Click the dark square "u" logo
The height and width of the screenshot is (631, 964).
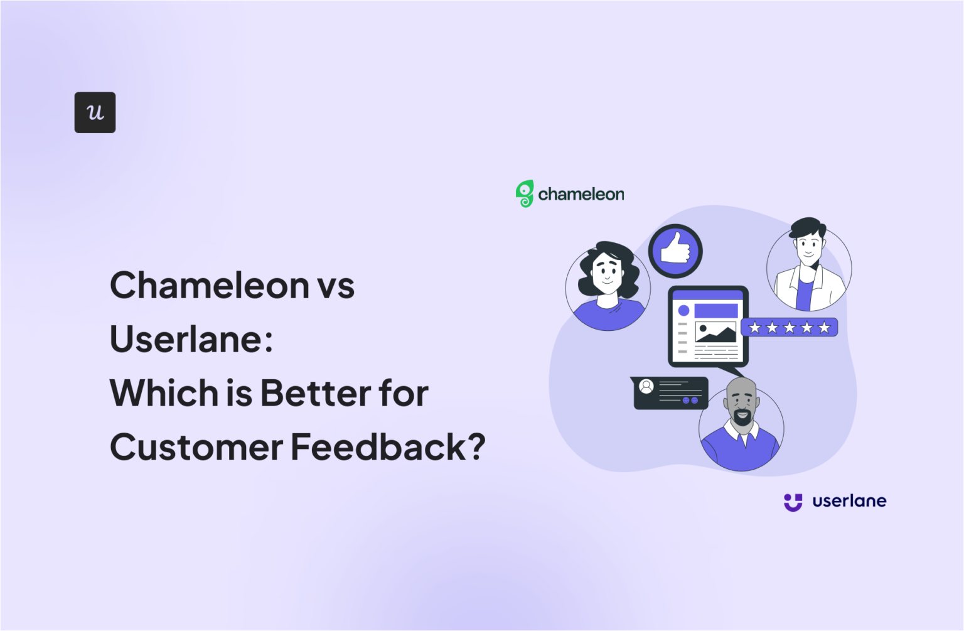pyautogui.click(x=95, y=112)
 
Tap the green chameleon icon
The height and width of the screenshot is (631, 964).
pyautogui.click(x=524, y=193)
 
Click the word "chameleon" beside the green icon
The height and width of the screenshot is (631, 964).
pyautogui.click(x=581, y=194)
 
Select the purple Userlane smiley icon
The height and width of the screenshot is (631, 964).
pyautogui.click(x=793, y=502)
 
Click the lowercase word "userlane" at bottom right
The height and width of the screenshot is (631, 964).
pyautogui.click(x=849, y=501)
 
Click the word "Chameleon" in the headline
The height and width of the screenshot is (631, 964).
pyautogui.click(x=210, y=286)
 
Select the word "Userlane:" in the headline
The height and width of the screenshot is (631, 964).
pyautogui.click(x=191, y=339)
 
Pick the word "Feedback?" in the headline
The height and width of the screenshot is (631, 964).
pyautogui.click(x=388, y=447)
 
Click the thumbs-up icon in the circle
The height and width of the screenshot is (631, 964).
pyautogui.click(x=675, y=251)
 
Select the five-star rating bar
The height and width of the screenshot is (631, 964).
pyautogui.click(x=789, y=327)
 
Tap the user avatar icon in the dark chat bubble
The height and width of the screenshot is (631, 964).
pyautogui.click(x=646, y=387)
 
